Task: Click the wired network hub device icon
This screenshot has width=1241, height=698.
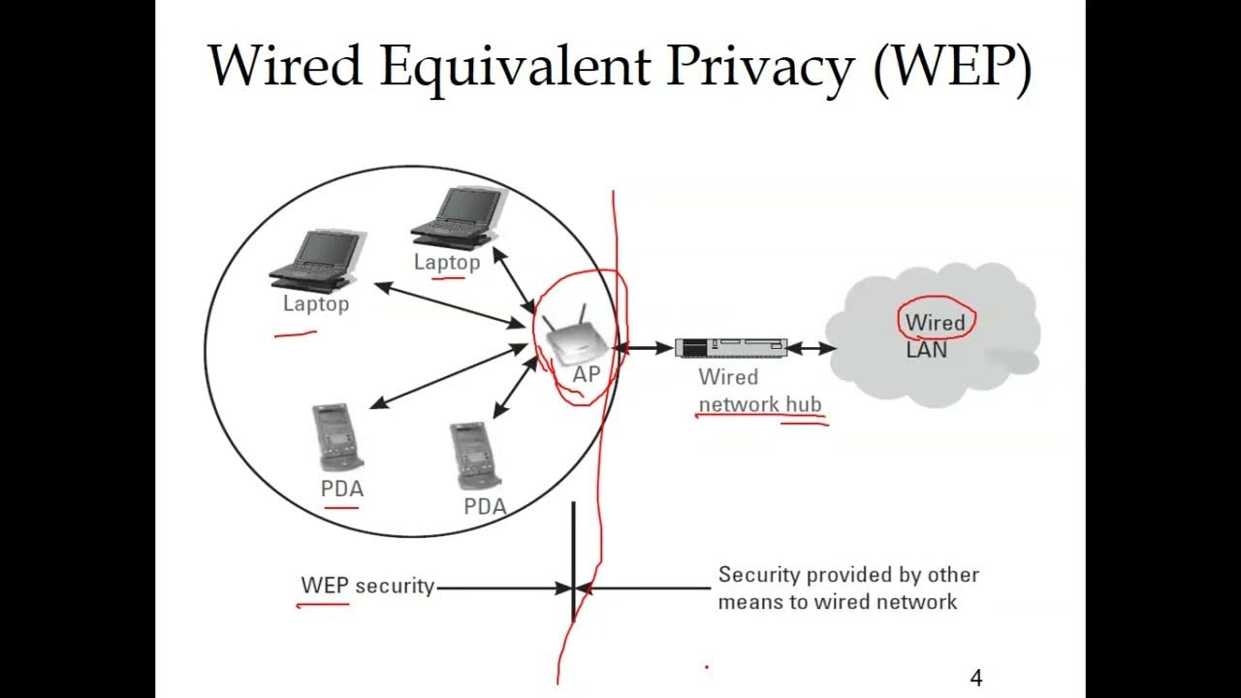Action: pyautogui.click(x=729, y=347)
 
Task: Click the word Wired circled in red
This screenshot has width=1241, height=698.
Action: pyautogui.click(x=935, y=322)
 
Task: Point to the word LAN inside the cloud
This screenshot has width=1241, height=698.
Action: pyautogui.click(x=926, y=350)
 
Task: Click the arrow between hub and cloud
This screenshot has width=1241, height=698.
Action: pyautogui.click(x=811, y=347)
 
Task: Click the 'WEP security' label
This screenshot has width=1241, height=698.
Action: pyautogui.click(x=367, y=586)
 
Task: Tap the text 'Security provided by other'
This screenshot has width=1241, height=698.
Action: pyautogui.click(x=848, y=575)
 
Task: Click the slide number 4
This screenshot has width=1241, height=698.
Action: pyautogui.click(x=975, y=679)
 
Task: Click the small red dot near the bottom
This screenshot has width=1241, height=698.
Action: pyautogui.click(x=706, y=667)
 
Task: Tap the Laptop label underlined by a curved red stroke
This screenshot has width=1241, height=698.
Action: pyautogui.click(x=315, y=303)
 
